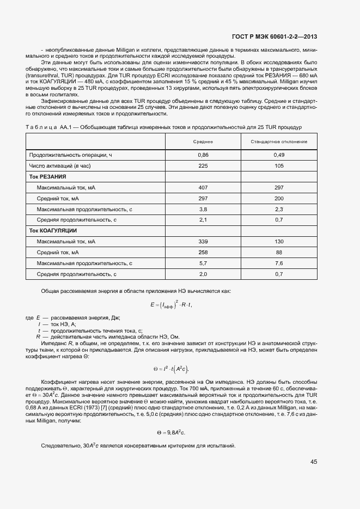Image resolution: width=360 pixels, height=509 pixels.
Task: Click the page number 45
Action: [x=314, y=462]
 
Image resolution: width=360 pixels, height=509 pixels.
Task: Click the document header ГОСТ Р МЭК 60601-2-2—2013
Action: [x=274, y=37]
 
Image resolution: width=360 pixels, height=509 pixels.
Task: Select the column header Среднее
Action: [x=203, y=142]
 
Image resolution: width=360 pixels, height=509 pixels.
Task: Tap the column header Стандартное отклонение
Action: [x=279, y=142]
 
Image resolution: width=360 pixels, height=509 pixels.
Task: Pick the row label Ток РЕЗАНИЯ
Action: [x=47, y=177]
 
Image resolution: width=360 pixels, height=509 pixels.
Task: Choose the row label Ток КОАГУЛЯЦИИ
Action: [x=52, y=231]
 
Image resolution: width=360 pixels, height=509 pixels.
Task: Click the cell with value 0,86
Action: [x=203, y=155]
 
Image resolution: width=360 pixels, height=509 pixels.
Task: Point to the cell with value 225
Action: [x=203, y=166]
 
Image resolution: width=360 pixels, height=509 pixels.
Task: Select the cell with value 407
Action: [x=203, y=188]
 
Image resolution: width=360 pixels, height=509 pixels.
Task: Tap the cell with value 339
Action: [x=203, y=242]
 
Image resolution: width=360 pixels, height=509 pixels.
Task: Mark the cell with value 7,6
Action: [x=279, y=263]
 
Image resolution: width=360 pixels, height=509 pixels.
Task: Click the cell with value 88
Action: [x=279, y=253]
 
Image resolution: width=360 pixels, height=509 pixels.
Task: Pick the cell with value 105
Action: [x=279, y=166]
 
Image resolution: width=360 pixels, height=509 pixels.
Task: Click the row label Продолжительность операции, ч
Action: [x=70, y=155]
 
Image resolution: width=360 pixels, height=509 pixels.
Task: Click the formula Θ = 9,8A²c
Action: [x=171, y=432]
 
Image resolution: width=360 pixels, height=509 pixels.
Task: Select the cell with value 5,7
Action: [x=203, y=263]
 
